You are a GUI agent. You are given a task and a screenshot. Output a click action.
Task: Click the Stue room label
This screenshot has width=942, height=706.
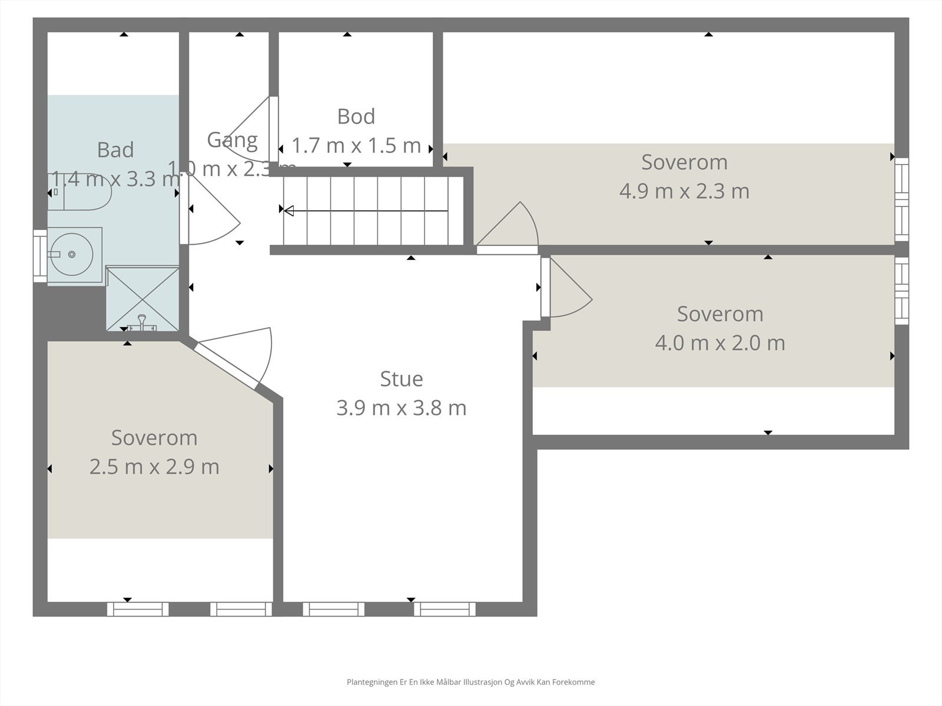(x=402, y=379)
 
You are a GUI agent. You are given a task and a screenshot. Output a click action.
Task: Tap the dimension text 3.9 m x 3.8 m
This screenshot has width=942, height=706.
(x=402, y=408)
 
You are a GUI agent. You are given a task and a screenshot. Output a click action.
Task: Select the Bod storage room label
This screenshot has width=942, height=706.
(x=356, y=116)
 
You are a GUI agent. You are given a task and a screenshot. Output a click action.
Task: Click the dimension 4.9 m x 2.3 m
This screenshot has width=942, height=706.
(x=684, y=191)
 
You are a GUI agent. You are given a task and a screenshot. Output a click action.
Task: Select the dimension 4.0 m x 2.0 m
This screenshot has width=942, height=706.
(x=719, y=343)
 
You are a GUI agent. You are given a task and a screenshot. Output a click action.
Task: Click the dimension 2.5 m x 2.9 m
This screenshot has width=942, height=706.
(x=154, y=467)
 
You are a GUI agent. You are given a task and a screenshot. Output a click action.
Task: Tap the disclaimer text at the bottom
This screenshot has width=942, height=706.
(x=470, y=682)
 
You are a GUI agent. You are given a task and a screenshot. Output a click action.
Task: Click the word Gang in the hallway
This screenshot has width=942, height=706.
(x=232, y=140)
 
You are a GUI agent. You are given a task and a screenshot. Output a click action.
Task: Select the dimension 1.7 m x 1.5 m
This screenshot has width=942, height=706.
(x=356, y=145)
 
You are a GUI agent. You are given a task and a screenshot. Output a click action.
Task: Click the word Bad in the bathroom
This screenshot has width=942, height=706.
(x=115, y=150)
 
